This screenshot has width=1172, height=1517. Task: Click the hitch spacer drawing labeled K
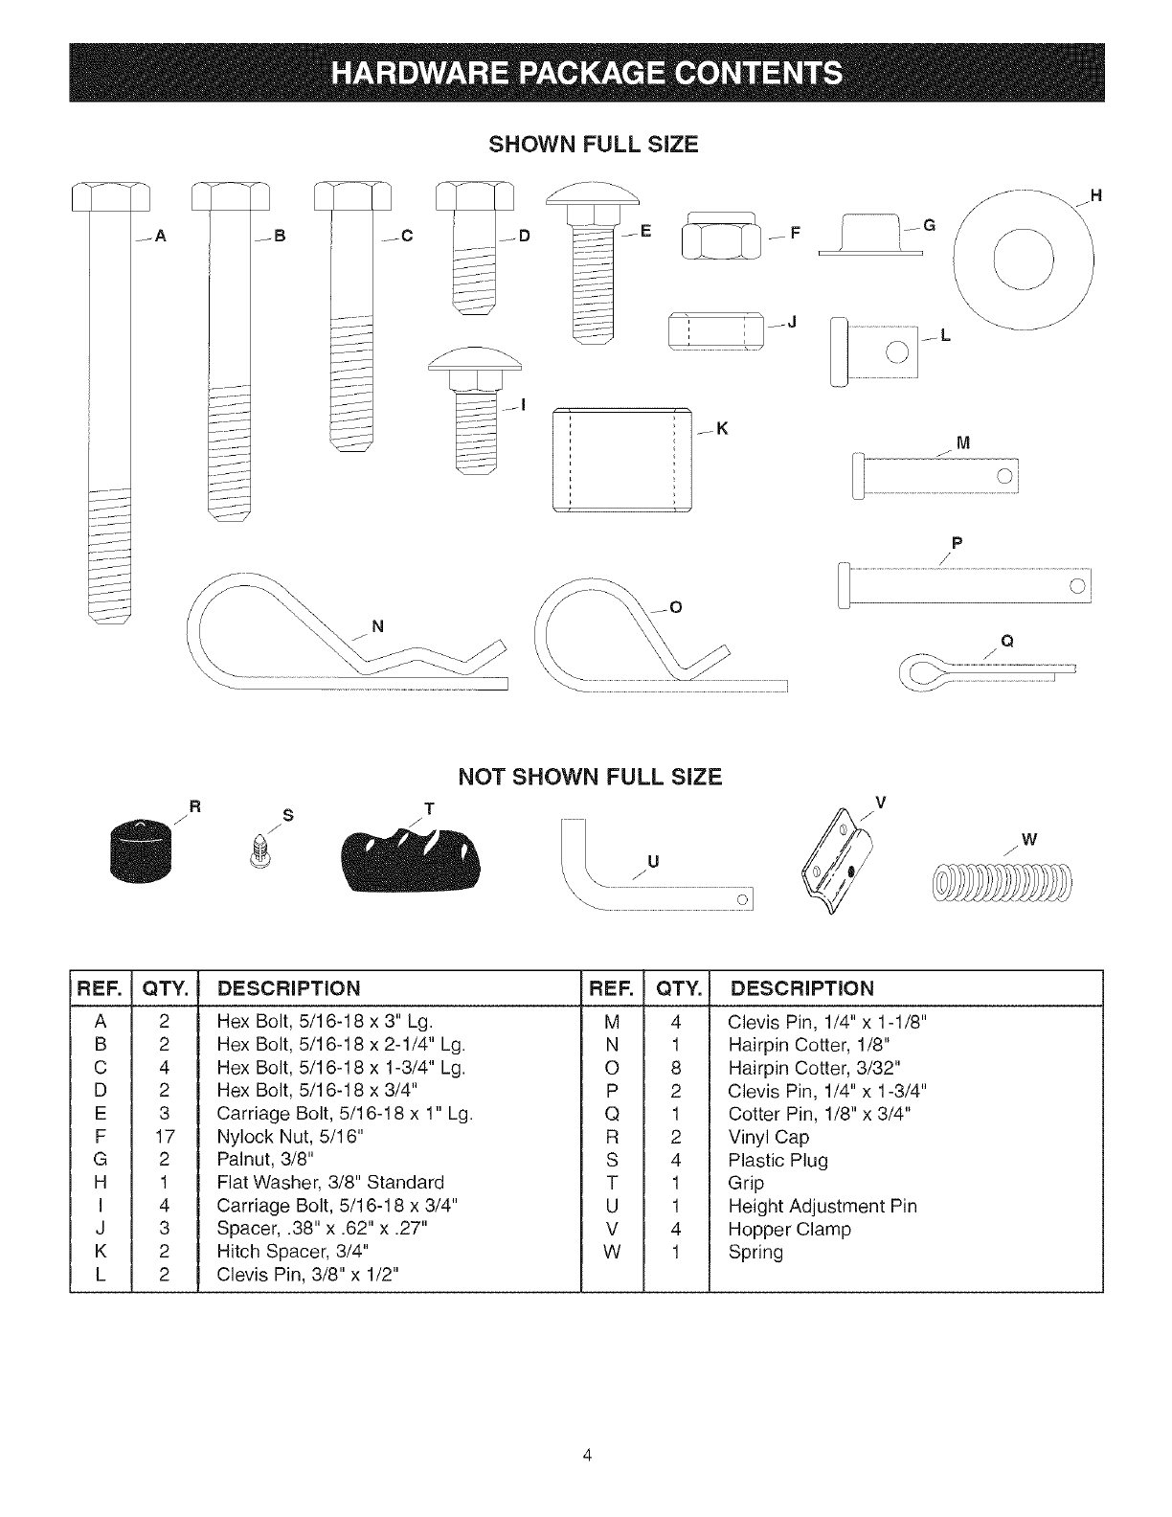pyautogui.click(x=622, y=461)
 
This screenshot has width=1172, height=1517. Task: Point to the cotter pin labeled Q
pyautogui.click(x=986, y=674)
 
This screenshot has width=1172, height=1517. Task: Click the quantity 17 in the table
pyautogui.click(x=165, y=1137)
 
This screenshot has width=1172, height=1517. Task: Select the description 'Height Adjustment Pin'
pyautogui.click(x=823, y=1206)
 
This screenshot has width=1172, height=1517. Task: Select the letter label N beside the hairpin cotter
pyautogui.click(x=376, y=627)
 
